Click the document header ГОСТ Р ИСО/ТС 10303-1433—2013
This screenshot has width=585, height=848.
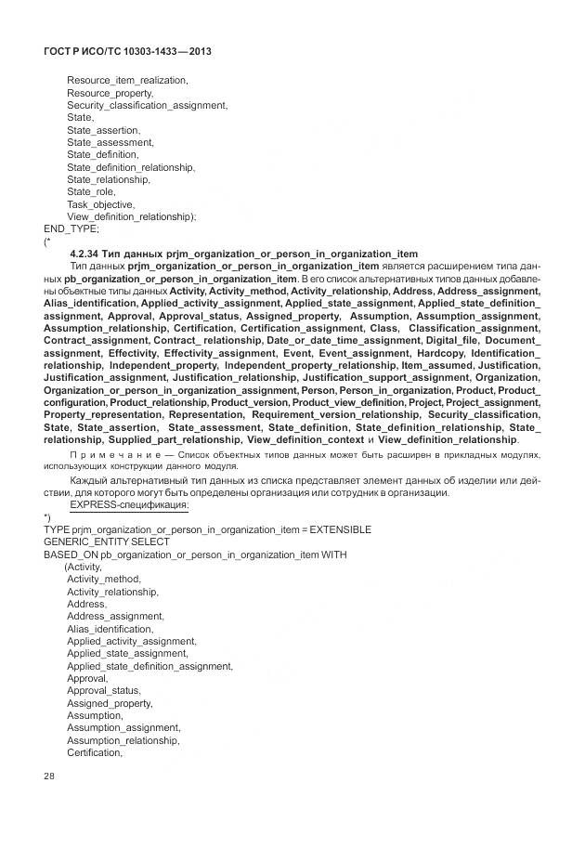tap(128, 51)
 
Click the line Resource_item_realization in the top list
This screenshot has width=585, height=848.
tap(127, 81)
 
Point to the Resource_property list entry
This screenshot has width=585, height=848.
tap(110, 93)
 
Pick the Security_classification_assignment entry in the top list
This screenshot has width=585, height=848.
tap(146, 106)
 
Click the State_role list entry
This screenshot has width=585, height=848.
tap(91, 191)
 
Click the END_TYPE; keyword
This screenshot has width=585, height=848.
tap(71, 228)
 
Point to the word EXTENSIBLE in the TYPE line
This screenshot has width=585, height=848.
tap(340, 529)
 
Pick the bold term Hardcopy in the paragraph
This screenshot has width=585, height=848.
tap(440, 353)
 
